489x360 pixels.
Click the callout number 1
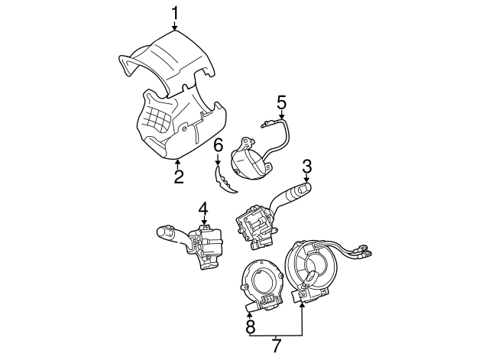[175, 12]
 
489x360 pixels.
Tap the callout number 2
[178, 177]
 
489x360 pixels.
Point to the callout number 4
[202, 208]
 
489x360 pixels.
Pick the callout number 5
[281, 101]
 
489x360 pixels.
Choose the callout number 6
[218, 144]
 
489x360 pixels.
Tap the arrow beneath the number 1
[175, 26]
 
